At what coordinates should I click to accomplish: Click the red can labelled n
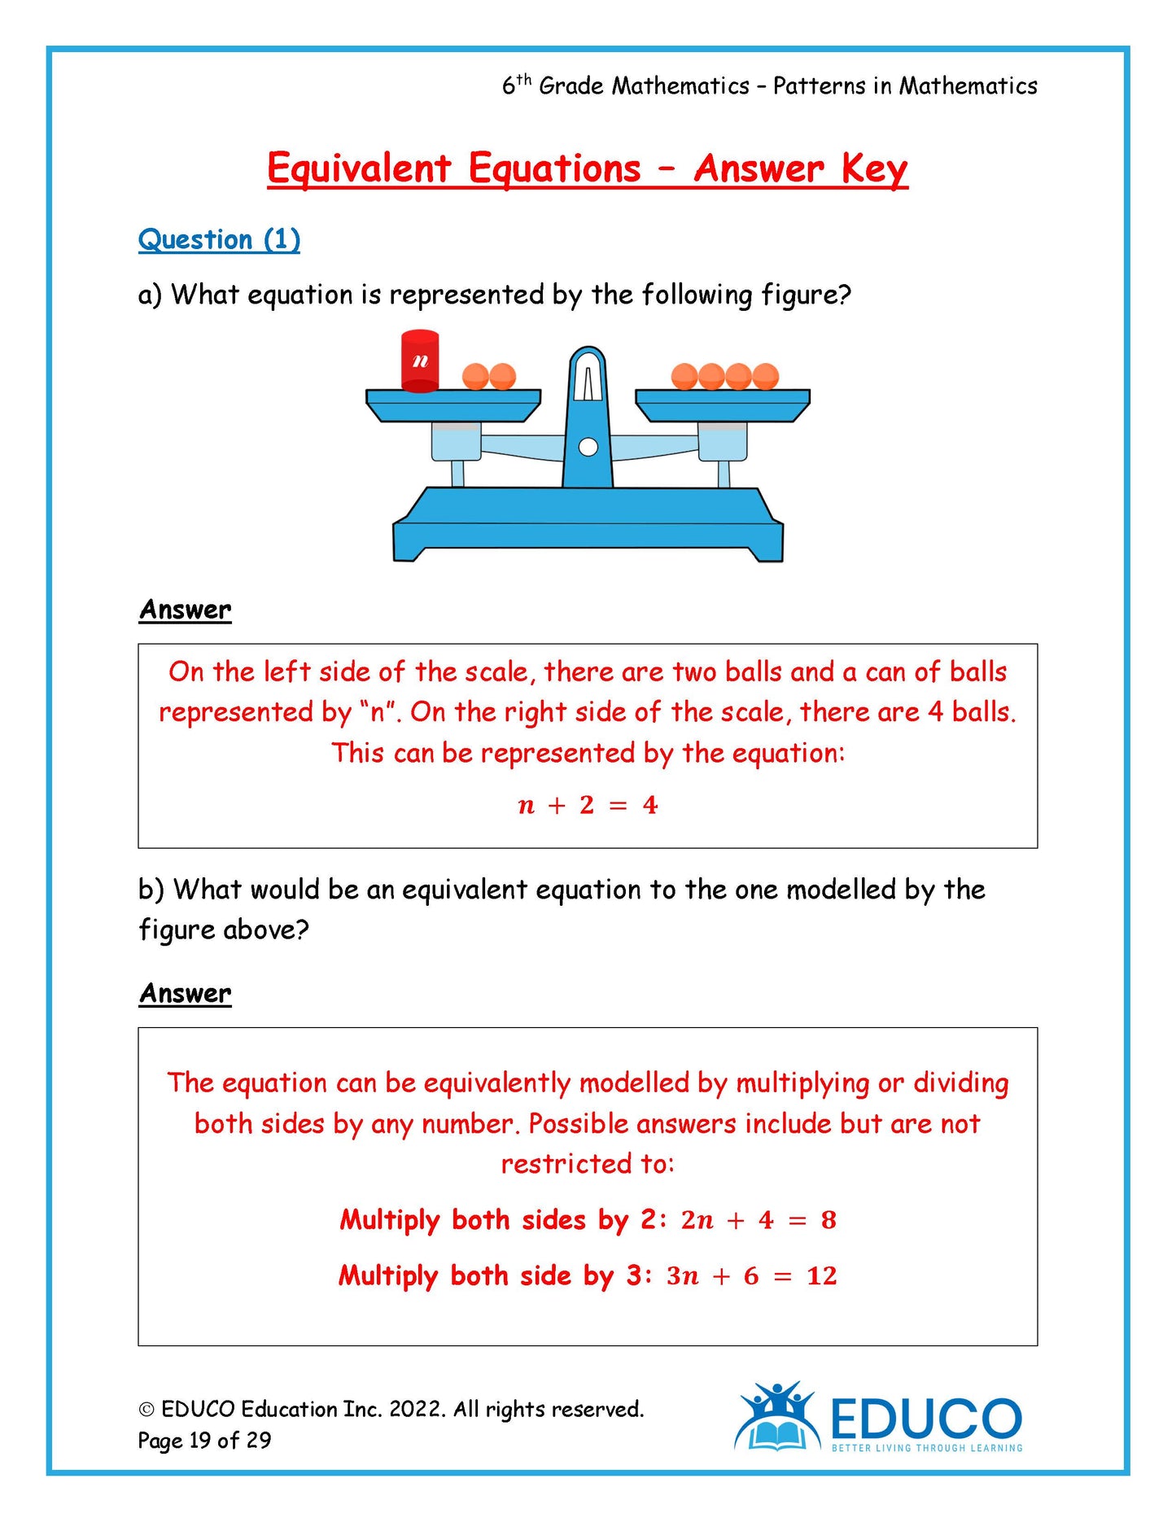[x=420, y=361]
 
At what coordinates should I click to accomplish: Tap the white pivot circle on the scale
[x=588, y=447]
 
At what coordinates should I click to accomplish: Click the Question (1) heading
[x=219, y=239]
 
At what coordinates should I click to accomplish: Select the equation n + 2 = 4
[x=588, y=805]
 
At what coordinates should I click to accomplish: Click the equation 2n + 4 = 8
[x=758, y=1219]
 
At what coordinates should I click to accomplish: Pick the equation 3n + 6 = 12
[x=751, y=1275]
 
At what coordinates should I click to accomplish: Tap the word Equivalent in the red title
[x=359, y=169]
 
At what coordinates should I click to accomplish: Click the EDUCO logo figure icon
[x=777, y=1417]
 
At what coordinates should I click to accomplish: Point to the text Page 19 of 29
[x=204, y=1440]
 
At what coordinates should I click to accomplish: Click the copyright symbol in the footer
[x=146, y=1410]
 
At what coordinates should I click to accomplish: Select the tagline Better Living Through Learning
[x=926, y=1448]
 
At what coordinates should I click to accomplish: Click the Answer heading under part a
[x=185, y=610]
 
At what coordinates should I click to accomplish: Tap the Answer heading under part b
[x=185, y=993]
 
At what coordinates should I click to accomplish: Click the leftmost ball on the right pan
[x=684, y=376]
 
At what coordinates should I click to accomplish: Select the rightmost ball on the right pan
[x=765, y=376]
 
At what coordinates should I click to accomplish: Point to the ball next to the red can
[x=475, y=376]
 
